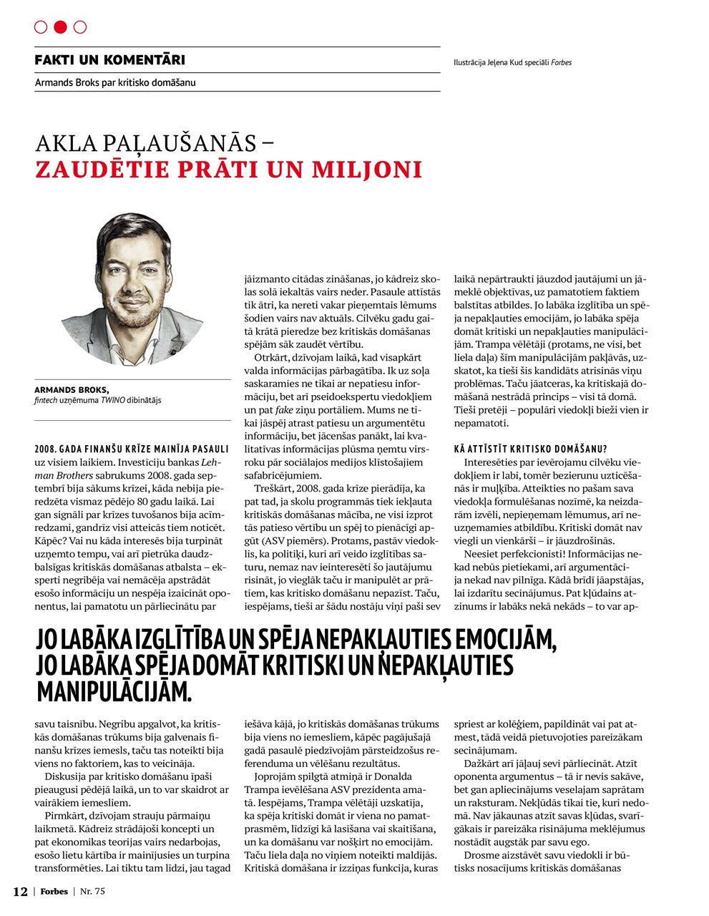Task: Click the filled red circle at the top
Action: click(x=60, y=27)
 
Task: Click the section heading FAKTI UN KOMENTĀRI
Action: click(x=109, y=60)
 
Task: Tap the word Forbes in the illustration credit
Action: click(x=561, y=63)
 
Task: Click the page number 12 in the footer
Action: click(x=20, y=892)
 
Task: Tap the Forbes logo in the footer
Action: click(x=54, y=892)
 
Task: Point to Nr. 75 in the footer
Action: click(x=92, y=892)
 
